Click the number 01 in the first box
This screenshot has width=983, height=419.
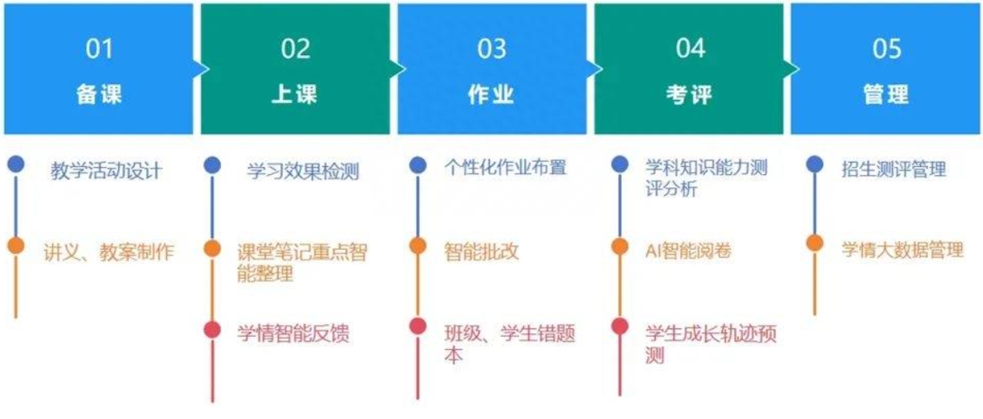[99, 49]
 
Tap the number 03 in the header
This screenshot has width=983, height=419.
[492, 49]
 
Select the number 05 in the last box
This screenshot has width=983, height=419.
[887, 49]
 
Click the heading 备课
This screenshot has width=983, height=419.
[99, 94]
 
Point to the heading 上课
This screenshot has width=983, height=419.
[294, 94]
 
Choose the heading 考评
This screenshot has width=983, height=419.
[689, 94]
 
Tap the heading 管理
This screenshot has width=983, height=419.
[886, 94]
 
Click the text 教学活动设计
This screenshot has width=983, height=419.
[106, 171]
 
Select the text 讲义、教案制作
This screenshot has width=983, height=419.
[109, 252]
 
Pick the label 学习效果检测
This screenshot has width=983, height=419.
[302, 171]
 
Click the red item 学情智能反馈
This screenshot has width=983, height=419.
[293, 333]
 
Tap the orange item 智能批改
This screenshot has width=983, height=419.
[481, 251]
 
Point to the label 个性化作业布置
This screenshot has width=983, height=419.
[505, 168]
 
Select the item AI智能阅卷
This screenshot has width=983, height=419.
[689, 251]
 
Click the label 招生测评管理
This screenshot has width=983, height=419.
[894, 169]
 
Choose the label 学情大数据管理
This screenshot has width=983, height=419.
[902, 250]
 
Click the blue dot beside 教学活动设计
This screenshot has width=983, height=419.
[16, 164]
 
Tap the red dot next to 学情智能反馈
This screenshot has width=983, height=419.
[213, 329]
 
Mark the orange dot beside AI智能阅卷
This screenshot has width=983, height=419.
[620, 247]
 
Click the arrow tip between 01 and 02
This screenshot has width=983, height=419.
[209, 69]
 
